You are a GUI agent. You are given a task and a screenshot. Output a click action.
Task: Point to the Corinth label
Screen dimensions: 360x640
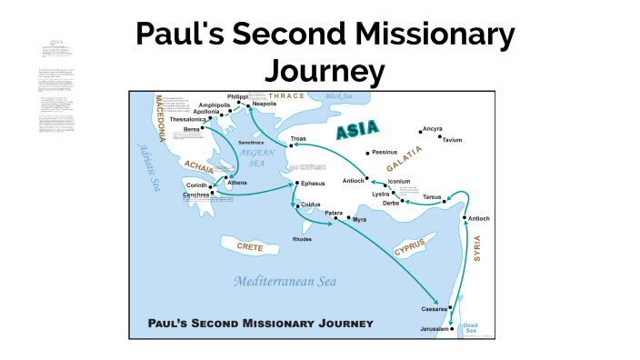pyautogui.click(x=198, y=185)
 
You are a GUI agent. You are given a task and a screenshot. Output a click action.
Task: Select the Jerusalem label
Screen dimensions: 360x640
pyautogui.click(x=435, y=328)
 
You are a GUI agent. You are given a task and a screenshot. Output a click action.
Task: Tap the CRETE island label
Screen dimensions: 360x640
pyautogui.click(x=250, y=246)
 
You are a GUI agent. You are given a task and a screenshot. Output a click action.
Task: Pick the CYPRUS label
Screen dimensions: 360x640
pyautogui.click(x=410, y=246)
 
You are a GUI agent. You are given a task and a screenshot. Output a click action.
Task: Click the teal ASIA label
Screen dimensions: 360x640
pyautogui.click(x=357, y=131)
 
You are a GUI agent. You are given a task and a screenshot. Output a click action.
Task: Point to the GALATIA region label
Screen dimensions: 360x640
pyautogui.click(x=405, y=159)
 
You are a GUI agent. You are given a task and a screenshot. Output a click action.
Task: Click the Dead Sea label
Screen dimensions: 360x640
pyautogui.click(x=470, y=328)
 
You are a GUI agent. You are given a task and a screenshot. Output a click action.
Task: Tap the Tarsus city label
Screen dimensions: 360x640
pyautogui.click(x=432, y=196)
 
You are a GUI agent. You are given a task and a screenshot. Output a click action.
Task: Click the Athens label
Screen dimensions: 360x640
pyautogui.click(x=237, y=183)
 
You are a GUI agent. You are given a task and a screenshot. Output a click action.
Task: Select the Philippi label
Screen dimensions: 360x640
pyautogui.click(x=237, y=96)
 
